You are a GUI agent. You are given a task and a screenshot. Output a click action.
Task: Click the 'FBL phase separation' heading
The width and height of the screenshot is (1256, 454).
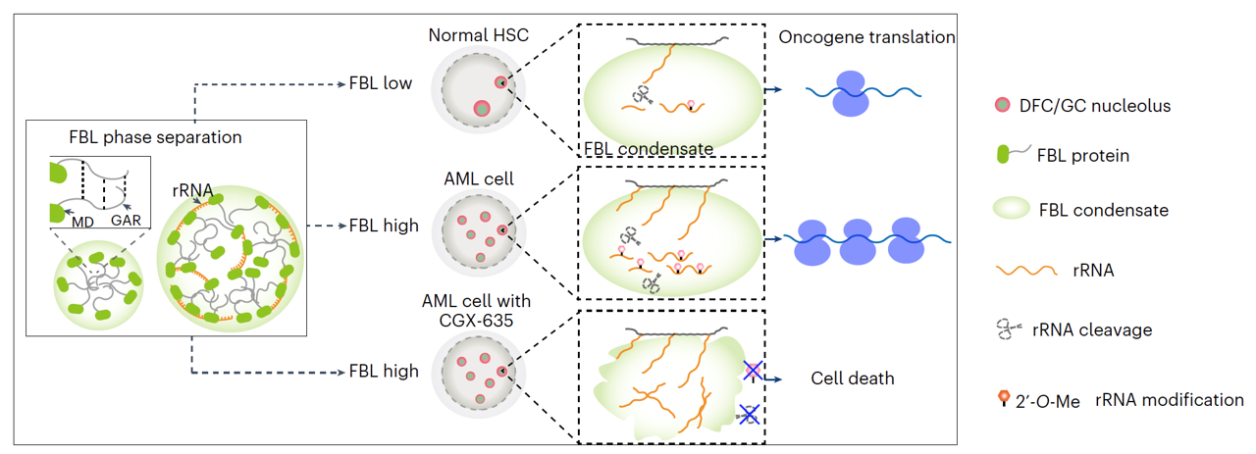[x=155, y=136]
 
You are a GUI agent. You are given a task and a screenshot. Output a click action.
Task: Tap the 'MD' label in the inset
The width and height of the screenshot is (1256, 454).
[x=82, y=221]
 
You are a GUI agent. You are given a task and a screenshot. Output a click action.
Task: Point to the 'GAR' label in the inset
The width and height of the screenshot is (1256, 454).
[x=126, y=221]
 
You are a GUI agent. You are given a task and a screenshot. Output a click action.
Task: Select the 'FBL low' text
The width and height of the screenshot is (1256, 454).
[x=381, y=84]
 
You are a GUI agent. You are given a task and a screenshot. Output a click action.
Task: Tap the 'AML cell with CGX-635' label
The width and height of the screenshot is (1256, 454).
[x=480, y=312]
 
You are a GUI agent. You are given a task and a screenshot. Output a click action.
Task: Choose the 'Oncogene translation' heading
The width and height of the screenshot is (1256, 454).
[x=866, y=37]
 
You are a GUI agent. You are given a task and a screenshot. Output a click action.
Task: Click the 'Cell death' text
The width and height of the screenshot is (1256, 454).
[x=853, y=378]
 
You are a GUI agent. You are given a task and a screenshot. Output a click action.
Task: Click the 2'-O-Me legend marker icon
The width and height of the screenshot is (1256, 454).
[x=1003, y=398]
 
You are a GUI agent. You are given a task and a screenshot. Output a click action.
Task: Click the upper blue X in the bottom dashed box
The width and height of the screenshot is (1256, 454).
[x=753, y=370]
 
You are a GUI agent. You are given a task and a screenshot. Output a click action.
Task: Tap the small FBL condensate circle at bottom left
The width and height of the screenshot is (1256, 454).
[x=98, y=288]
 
